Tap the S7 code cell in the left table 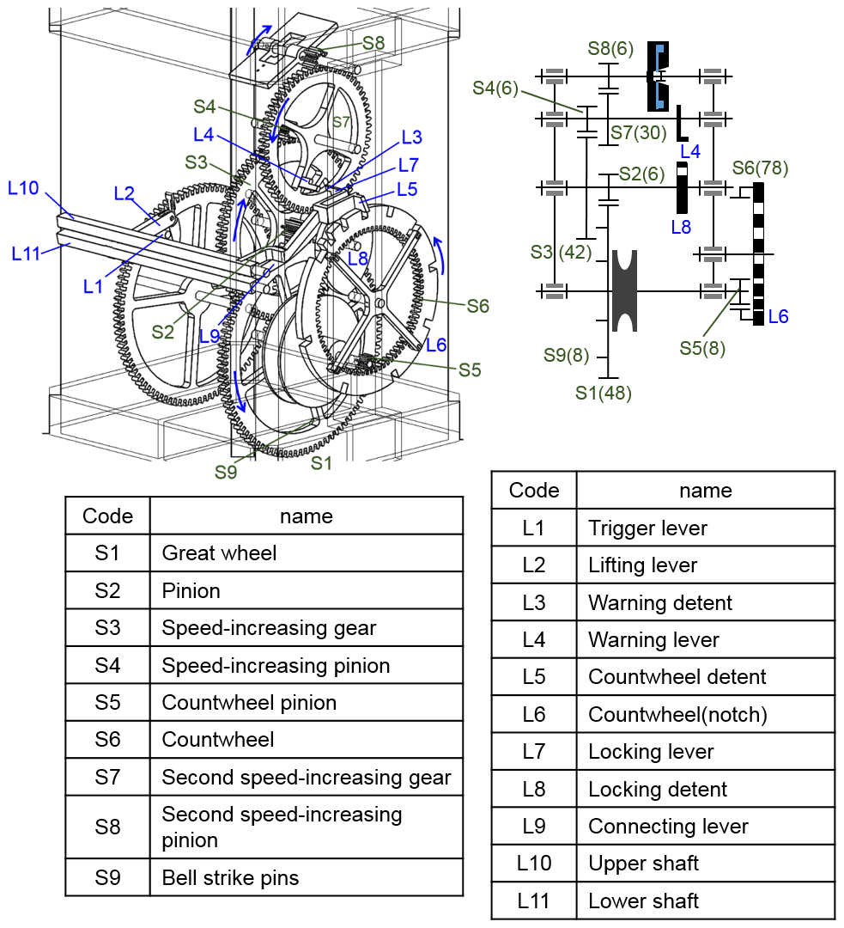(x=107, y=777)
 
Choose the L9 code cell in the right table (x=533, y=827)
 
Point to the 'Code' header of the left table (x=107, y=516)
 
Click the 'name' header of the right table (x=705, y=490)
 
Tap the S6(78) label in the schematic (x=760, y=168)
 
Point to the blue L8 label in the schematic (x=680, y=228)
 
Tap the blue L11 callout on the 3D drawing (x=28, y=253)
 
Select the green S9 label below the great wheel (x=226, y=471)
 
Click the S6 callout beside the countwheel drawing (x=477, y=305)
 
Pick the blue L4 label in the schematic (x=690, y=152)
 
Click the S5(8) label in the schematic (x=702, y=348)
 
